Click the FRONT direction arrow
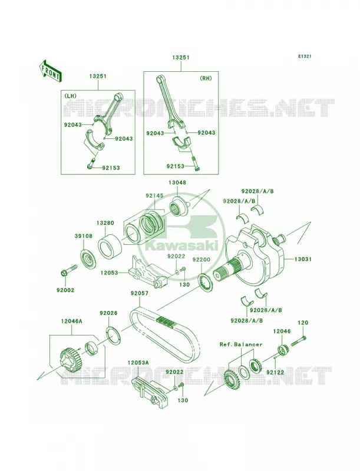click(50, 71)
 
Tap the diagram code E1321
click(305, 56)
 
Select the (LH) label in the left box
click(70, 95)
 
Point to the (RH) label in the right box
click(206, 78)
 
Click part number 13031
click(303, 259)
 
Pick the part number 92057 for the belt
click(140, 293)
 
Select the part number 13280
click(105, 223)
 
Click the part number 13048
click(177, 183)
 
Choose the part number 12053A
click(138, 363)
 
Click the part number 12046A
click(71, 321)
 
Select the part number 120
click(303, 323)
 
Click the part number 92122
click(275, 372)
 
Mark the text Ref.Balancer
click(241, 344)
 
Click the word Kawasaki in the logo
click(181, 247)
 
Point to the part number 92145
click(155, 195)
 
